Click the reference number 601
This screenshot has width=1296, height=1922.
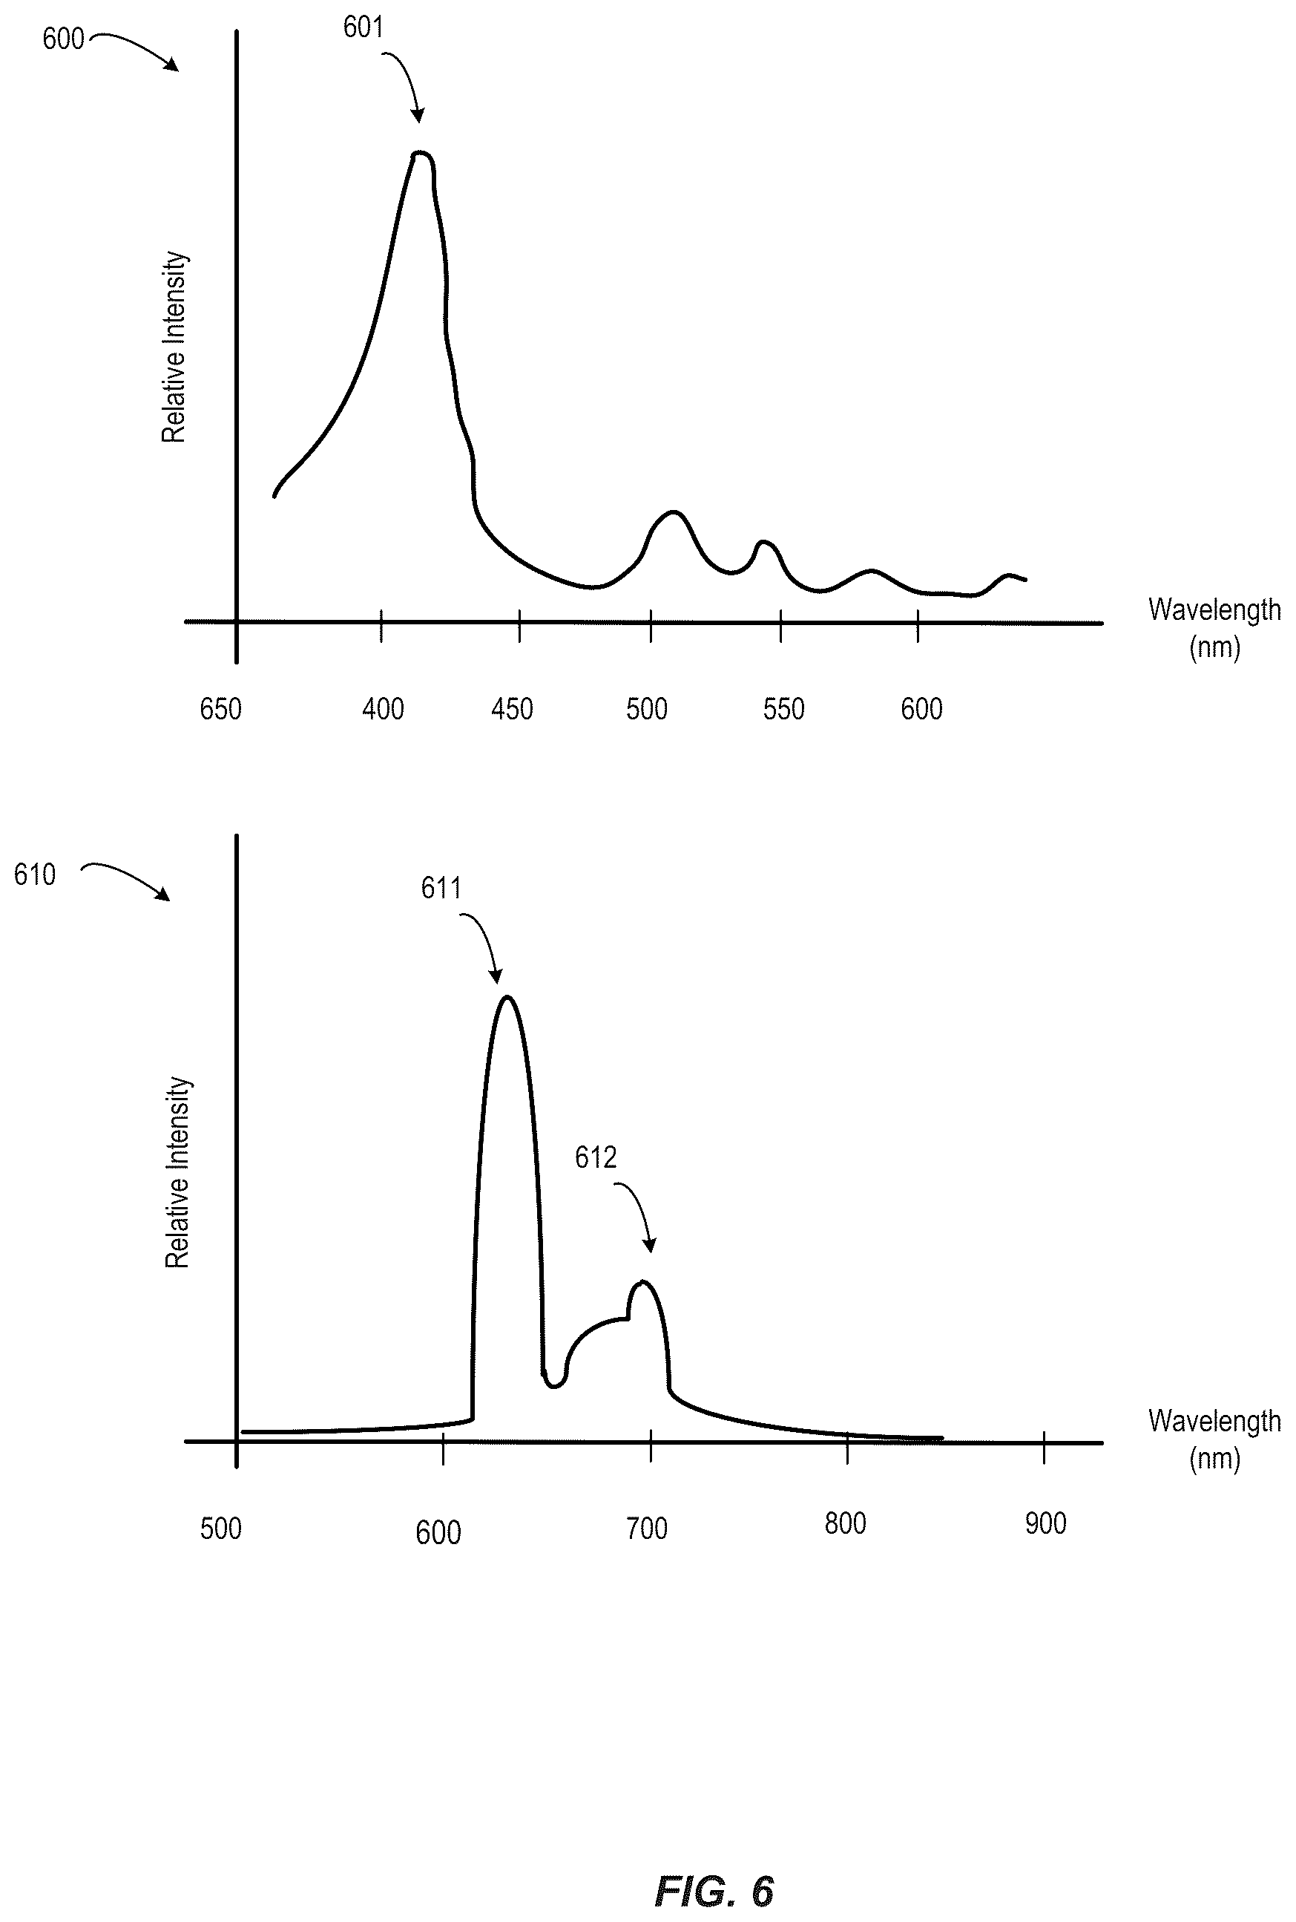click(363, 28)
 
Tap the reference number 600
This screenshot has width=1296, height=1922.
click(64, 39)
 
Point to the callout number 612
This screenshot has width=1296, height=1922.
click(596, 1158)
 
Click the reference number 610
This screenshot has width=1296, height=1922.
click(35, 875)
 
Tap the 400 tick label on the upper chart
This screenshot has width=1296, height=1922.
click(383, 709)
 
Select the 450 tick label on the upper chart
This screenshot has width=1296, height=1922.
click(513, 709)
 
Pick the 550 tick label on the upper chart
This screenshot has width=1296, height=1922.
click(783, 709)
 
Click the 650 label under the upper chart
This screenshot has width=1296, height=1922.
click(220, 709)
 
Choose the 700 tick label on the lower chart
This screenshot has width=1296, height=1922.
click(646, 1529)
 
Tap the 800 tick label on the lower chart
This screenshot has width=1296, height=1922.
click(846, 1523)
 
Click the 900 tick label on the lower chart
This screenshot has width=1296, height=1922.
click(1045, 1523)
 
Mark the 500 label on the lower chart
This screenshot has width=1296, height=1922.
click(220, 1529)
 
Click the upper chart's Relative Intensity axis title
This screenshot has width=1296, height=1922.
click(174, 347)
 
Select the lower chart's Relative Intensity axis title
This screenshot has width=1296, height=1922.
click(178, 1172)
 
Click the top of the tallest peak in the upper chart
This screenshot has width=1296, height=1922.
click(421, 152)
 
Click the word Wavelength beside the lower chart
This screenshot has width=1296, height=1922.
click(1214, 1421)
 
